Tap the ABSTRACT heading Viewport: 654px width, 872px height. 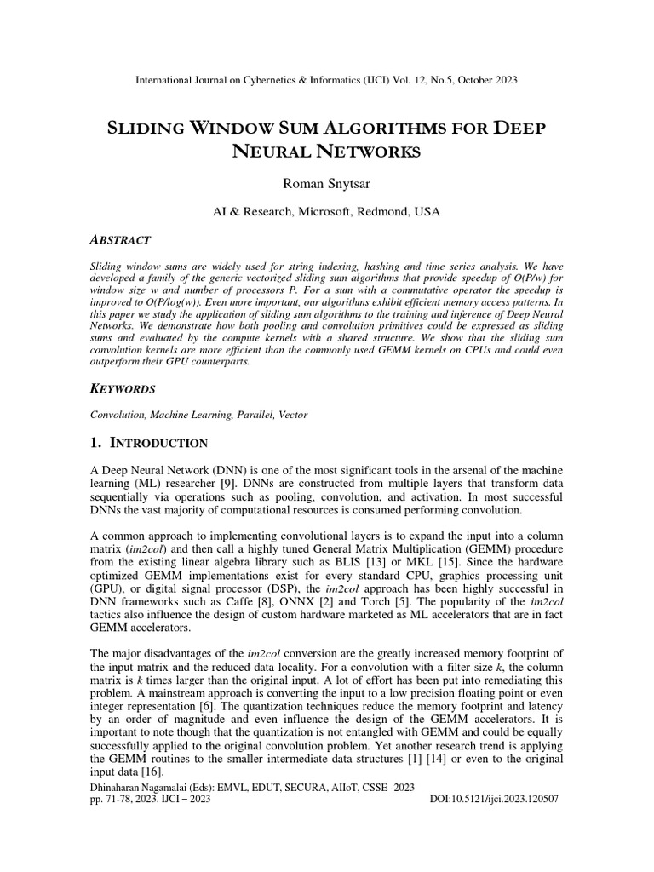[x=120, y=240]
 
